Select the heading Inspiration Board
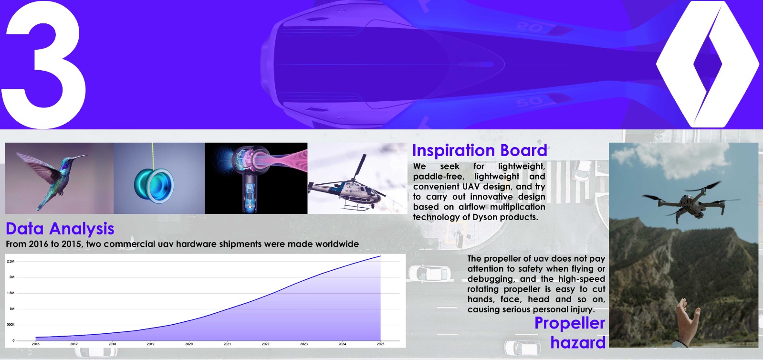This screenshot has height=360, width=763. [x=480, y=150]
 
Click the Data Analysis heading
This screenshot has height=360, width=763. [x=60, y=228]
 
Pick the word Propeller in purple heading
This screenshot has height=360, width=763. [x=570, y=323]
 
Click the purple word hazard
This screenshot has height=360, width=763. [x=578, y=342]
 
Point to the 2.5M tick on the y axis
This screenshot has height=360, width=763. [x=10, y=262]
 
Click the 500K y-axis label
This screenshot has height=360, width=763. [x=10, y=325]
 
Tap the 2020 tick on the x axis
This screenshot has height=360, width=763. [x=188, y=344]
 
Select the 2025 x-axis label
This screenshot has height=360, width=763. [x=380, y=344]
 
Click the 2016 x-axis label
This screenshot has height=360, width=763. [x=35, y=344]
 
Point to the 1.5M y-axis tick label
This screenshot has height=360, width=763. [x=10, y=293]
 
